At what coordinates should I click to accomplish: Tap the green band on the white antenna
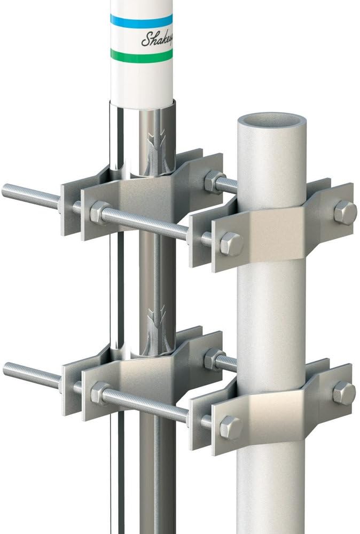[x=142, y=54]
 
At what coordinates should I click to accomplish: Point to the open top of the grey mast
[x=271, y=120]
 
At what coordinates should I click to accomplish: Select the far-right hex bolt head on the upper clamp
[x=345, y=212]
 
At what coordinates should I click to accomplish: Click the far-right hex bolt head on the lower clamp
[x=343, y=392]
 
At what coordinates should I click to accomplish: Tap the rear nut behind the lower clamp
[x=214, y=359]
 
